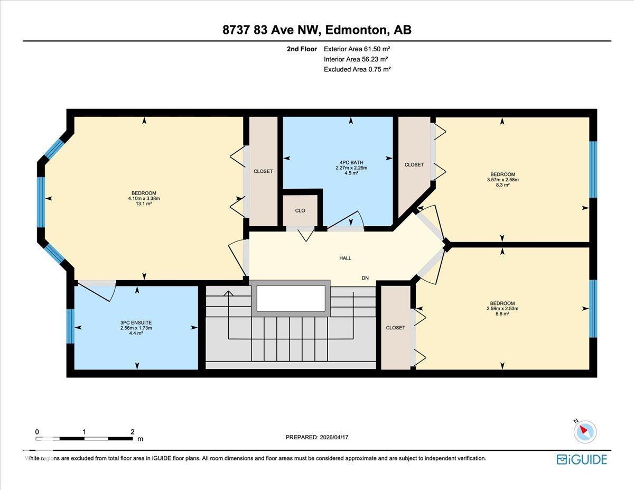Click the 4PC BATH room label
pyautogui.click(x=351, y=163)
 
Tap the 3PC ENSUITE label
pyautogui.click(x=136, y=323)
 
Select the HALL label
pyautogui.click(x=345, y=258)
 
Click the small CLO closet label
pyautogui.click(x=300, y=211)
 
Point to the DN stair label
pyautogui.click(x=365, y=278)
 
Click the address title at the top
pyautogui.click(x=317, y=30)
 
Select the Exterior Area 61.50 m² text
pyautogui.click(x=357, y=49)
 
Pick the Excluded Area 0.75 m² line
pyautogui.click(x=357, y=69)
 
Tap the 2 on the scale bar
pyautogui.click(x=133, y=432)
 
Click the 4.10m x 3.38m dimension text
pyautogui.click(x=144, y=198)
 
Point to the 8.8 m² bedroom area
pyautogui.click(x=502, y=314)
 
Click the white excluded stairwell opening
pyautogui.click(x=291, y=298)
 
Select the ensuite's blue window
pyautogui.click(x=70, y=326)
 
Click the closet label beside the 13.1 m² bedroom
pyautogui.click(x=263, y=171)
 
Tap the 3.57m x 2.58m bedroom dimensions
pyautogui.click(x=502, y=180)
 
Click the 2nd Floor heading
pyautogui.click(x=302, y=49)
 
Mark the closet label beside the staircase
pyautogui.click(x=395, y=328)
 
